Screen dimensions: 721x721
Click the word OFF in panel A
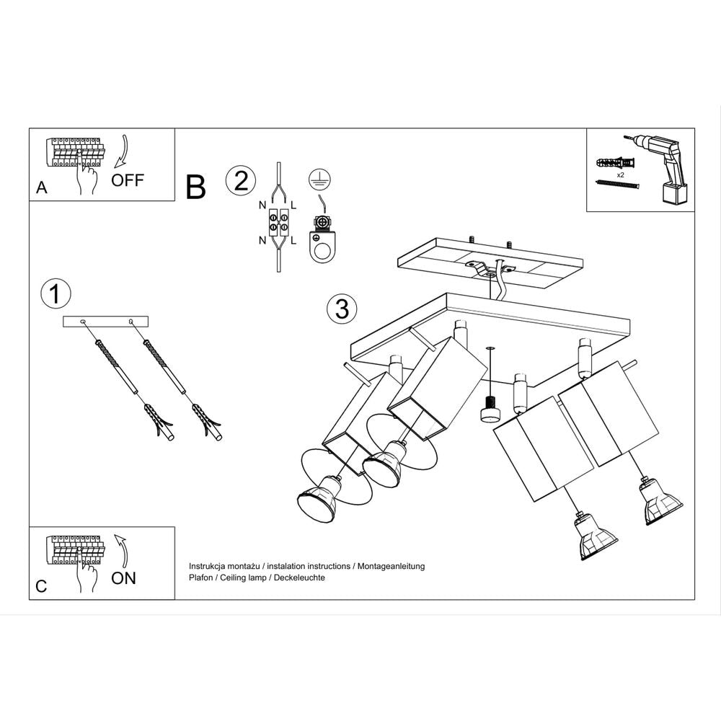click(128, 180)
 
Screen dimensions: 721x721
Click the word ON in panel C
click(123, 578)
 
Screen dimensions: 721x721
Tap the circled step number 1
click(56, 293)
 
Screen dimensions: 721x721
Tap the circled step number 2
click(241, 181)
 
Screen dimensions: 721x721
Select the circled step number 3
click(342, 309)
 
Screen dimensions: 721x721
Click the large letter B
click(195, 187)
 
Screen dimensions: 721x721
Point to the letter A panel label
click(42, 189)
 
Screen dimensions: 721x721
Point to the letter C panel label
click(41, 587)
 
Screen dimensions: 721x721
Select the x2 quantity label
click(621, 174)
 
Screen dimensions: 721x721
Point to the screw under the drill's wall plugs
click(617, 185)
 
